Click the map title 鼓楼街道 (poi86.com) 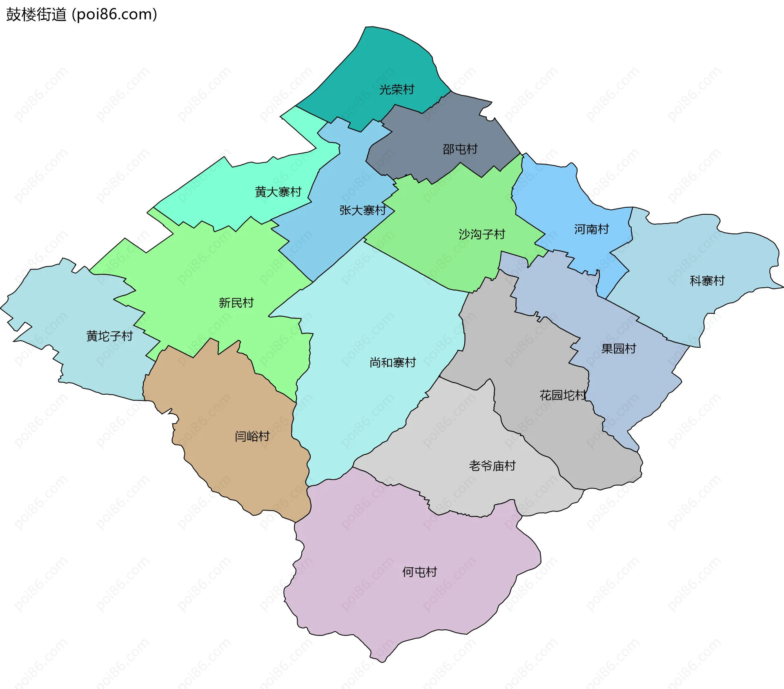pos(82,15)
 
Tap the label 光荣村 pos(396,89)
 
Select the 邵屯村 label pos(460,149)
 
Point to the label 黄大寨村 pos(278,191)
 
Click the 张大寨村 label pos(363,210)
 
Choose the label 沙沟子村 pos(482,234)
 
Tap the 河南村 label pos(591,229)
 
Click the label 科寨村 pos(707,280)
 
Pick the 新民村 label pos(236,302)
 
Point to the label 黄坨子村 pos(109,336)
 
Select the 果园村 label pos(619,348)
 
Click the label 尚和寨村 pos(392,362)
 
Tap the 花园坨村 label pos(563,395)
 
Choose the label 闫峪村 pos(252,436)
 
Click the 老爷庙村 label pos(492,466)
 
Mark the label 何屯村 pos(419,572)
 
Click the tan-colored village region pos(229,469)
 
